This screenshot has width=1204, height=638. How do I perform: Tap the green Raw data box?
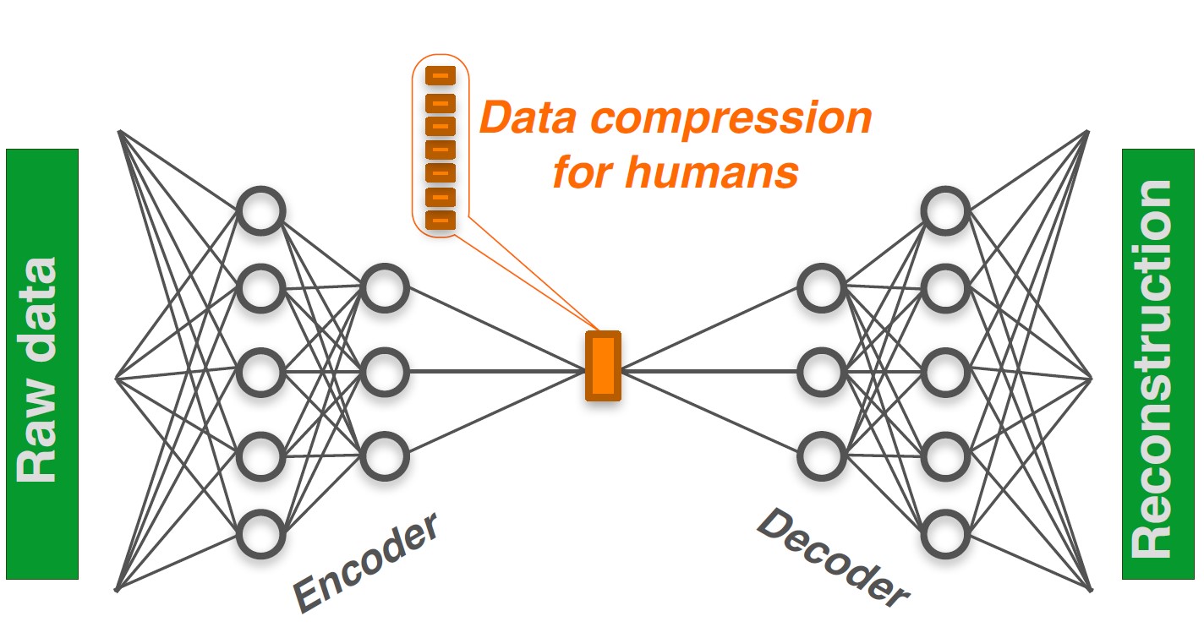click(x=42, y=364)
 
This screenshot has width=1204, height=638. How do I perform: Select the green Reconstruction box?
click(x=1157, y=364)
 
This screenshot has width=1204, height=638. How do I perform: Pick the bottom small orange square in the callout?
click(x=440, y=220)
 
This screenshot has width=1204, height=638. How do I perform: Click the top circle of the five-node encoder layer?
click(x=260, y=210)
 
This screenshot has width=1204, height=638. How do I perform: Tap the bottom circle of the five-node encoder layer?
click(x=260, y=534)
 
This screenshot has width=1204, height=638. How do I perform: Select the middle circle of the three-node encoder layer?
click(x=385, y=371)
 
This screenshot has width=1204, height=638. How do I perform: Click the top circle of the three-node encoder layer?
click(x=385, y=288)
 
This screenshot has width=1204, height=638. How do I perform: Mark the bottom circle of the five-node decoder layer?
click(x=944, y=534)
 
